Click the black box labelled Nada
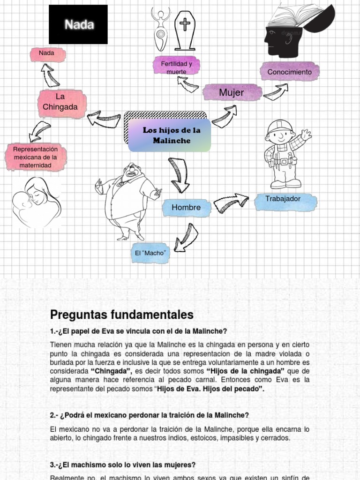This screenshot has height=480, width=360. pos(78,24)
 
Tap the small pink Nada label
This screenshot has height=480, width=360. pos(47,54)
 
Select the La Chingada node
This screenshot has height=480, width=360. pos(60,102)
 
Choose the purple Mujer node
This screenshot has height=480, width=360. pos(232,93)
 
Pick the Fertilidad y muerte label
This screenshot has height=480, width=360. pos(176,67)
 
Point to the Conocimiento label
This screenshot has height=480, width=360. pos(289,72)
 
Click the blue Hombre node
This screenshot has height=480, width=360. pos(186,207)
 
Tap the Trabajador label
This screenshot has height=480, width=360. pos(283,199)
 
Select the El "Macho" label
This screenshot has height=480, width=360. pos(150,253)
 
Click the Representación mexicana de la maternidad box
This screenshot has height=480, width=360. pos(36,157)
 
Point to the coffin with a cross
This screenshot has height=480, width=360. pos(185,30)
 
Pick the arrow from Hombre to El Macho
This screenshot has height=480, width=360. pos(186,237)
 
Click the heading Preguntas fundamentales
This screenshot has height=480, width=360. pos(121,314)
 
